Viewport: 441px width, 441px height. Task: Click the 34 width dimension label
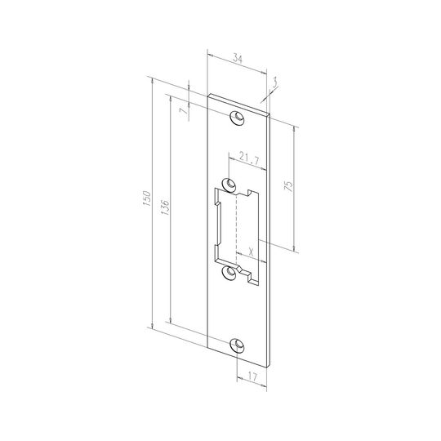pyautogui.click(x=238, y=59)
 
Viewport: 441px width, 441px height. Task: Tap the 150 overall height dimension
pyautogui.click(x=147, y=198)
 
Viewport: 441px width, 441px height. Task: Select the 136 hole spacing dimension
pyautogui.click(x=165, y=207)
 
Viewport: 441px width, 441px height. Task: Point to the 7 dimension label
pyautogui.click(x=184, y=111)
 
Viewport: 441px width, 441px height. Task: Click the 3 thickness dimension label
pyautogui.click(x=274, y=82)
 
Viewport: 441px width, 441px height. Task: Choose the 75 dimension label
pyautogui.click(x=289, y=186)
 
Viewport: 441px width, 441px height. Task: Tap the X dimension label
pyautogui.click(x=252, y=252)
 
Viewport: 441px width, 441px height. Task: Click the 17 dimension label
pyautogui.click(x=252, y=377)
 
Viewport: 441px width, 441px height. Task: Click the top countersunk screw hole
pyautogui.click(x=237, y=118)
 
